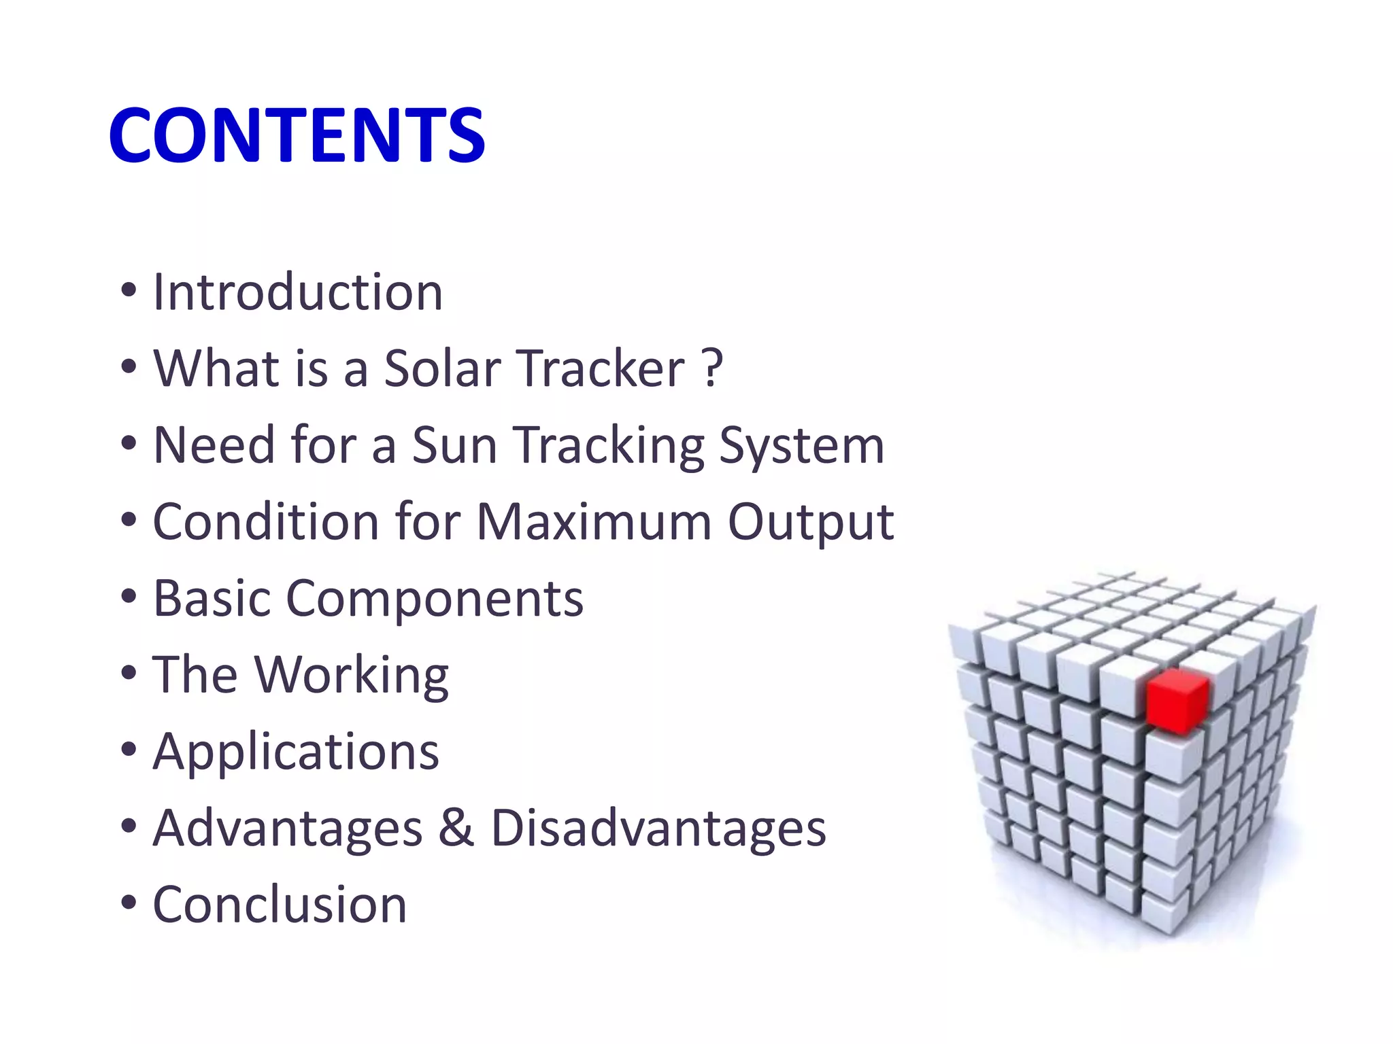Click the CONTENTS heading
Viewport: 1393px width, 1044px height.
pos(297,136)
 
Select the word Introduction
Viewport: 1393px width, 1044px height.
pos(298,292)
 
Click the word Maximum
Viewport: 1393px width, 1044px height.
pos(594,522)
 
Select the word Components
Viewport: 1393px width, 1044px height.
pos(435,599)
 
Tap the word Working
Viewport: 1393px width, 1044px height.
pos(352,676)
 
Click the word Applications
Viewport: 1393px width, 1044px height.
pos(296,753)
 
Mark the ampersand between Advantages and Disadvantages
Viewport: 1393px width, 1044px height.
pos(456,828)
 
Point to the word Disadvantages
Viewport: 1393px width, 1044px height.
pos(658,829)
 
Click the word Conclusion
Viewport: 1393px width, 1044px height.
pos(280,905)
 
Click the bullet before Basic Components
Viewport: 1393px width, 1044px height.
pos(129,598)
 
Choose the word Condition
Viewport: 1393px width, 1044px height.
pos(265,522)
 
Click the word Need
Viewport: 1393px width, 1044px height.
pos(214,445)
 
